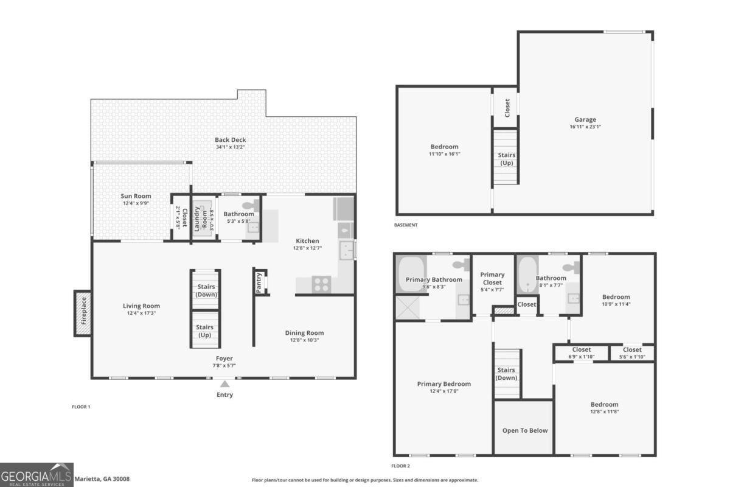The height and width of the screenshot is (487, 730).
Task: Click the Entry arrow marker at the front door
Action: point(224,384)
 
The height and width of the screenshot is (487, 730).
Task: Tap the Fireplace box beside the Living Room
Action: point(83,313)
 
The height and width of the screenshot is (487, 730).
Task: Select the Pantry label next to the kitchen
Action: point(259,283)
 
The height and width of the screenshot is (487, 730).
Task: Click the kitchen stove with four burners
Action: point(321,284)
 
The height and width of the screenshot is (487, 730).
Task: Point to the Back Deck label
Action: point(230,140)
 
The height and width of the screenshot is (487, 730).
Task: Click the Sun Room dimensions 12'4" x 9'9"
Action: point(135,203)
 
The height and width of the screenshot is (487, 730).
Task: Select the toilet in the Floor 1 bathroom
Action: point(249,205)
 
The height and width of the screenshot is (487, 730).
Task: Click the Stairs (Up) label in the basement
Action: point(507,159)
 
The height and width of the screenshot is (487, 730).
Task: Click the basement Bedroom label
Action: point(444,147)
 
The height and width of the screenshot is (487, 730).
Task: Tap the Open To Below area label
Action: point(524,430)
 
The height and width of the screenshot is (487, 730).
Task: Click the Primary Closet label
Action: point(492,278)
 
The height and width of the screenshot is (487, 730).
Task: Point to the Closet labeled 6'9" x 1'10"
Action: point(581,349)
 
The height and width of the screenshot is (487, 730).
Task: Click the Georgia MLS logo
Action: point(36,474)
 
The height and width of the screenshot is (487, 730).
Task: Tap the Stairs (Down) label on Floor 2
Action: point(506,374)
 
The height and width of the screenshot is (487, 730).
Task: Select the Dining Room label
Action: point(304,332)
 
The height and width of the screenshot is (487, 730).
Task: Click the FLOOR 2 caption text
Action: point(400,466)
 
